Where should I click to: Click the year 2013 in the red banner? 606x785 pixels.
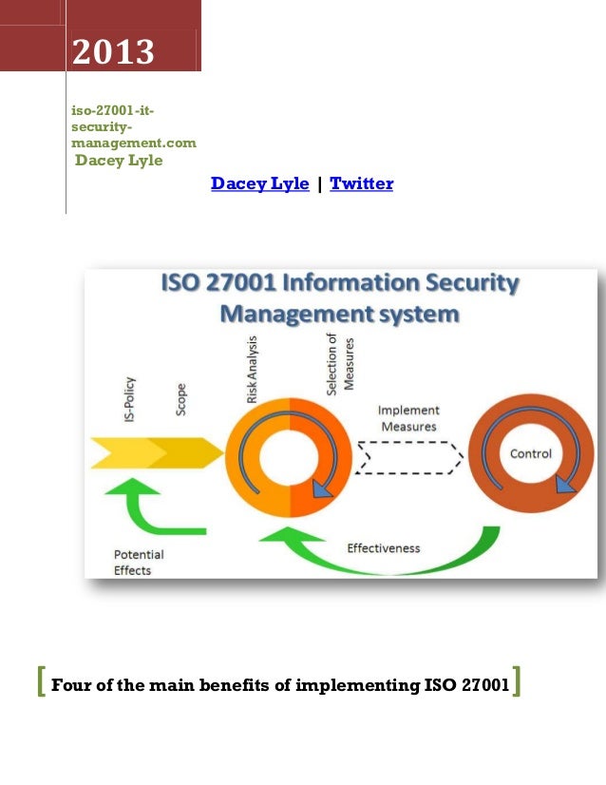coord(113,52)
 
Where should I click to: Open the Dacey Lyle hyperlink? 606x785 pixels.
coord(259,183)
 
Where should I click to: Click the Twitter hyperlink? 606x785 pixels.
coord(361,183)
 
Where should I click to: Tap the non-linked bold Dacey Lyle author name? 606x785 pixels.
coord(119,161)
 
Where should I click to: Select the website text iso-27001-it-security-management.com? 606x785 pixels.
coord(134,127)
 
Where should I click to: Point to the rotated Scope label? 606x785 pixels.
coord(180,400)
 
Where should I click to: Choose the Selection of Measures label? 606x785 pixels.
coord(338,366)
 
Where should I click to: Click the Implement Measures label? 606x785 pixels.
coord(408,418)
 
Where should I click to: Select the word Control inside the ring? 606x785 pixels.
coord(531,453)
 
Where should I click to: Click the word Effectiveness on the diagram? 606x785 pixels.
coord(384,547)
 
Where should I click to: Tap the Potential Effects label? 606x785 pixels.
coord(139,562)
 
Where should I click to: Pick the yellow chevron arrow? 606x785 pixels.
coord(157,453)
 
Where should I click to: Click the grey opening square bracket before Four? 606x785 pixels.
coord(39,682)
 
